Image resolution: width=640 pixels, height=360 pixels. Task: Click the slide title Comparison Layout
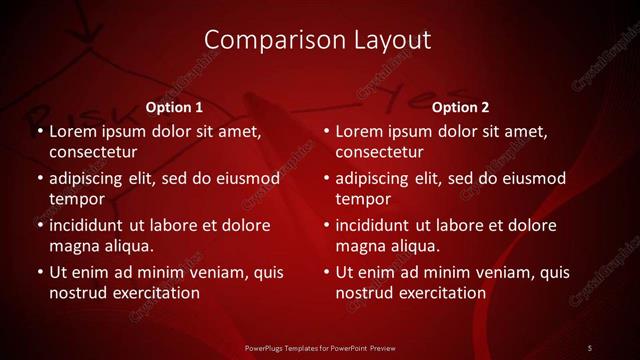tap(317, 40)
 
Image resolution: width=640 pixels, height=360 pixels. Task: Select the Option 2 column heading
tap(461, 106)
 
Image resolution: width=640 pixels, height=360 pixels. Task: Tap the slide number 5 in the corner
tap(590, 347)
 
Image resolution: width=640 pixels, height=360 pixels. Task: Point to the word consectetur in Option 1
tap(93, 152)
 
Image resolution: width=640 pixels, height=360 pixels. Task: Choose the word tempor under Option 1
tap(75, 200)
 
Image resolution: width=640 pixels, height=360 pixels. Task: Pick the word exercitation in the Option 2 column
tap(441, 293)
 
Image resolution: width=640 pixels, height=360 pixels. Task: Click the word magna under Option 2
tap(361, 246)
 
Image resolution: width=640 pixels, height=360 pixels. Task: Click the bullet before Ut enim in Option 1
tap(38, 272)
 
